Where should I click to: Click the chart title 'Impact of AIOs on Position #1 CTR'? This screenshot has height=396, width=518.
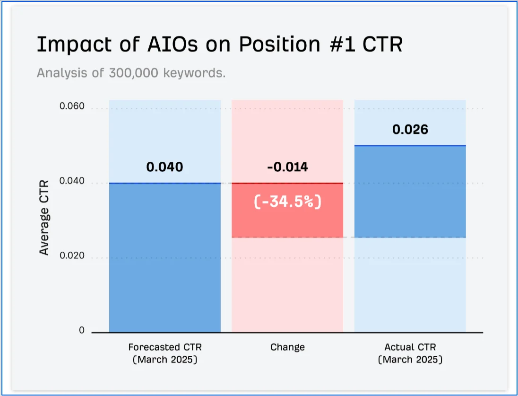point(219,44)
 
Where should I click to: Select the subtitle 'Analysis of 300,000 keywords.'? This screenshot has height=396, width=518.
point(131,73)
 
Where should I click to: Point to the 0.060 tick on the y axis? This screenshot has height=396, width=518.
point(72,106)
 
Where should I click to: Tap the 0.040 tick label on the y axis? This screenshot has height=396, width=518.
point(72,181)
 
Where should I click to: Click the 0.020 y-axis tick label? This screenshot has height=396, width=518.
point(72,256)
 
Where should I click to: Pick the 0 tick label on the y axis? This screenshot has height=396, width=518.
point(82,330)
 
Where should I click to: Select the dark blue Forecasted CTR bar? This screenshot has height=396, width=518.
point(164,258)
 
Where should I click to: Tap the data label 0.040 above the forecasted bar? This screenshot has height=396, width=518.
point(164,167)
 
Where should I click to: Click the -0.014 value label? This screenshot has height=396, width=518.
point(287,167)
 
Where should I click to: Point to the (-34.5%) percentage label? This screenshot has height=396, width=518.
point(287,202)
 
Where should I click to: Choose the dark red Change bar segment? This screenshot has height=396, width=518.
point(287,222)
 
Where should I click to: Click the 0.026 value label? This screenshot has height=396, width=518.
point(410,130)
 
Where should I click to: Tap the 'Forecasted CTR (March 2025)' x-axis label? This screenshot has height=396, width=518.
point(164,353)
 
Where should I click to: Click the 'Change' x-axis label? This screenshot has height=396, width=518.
point(287,347)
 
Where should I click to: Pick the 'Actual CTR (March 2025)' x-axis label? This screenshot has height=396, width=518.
point(410,353)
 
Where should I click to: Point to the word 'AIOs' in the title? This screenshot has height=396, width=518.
point(164,44)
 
